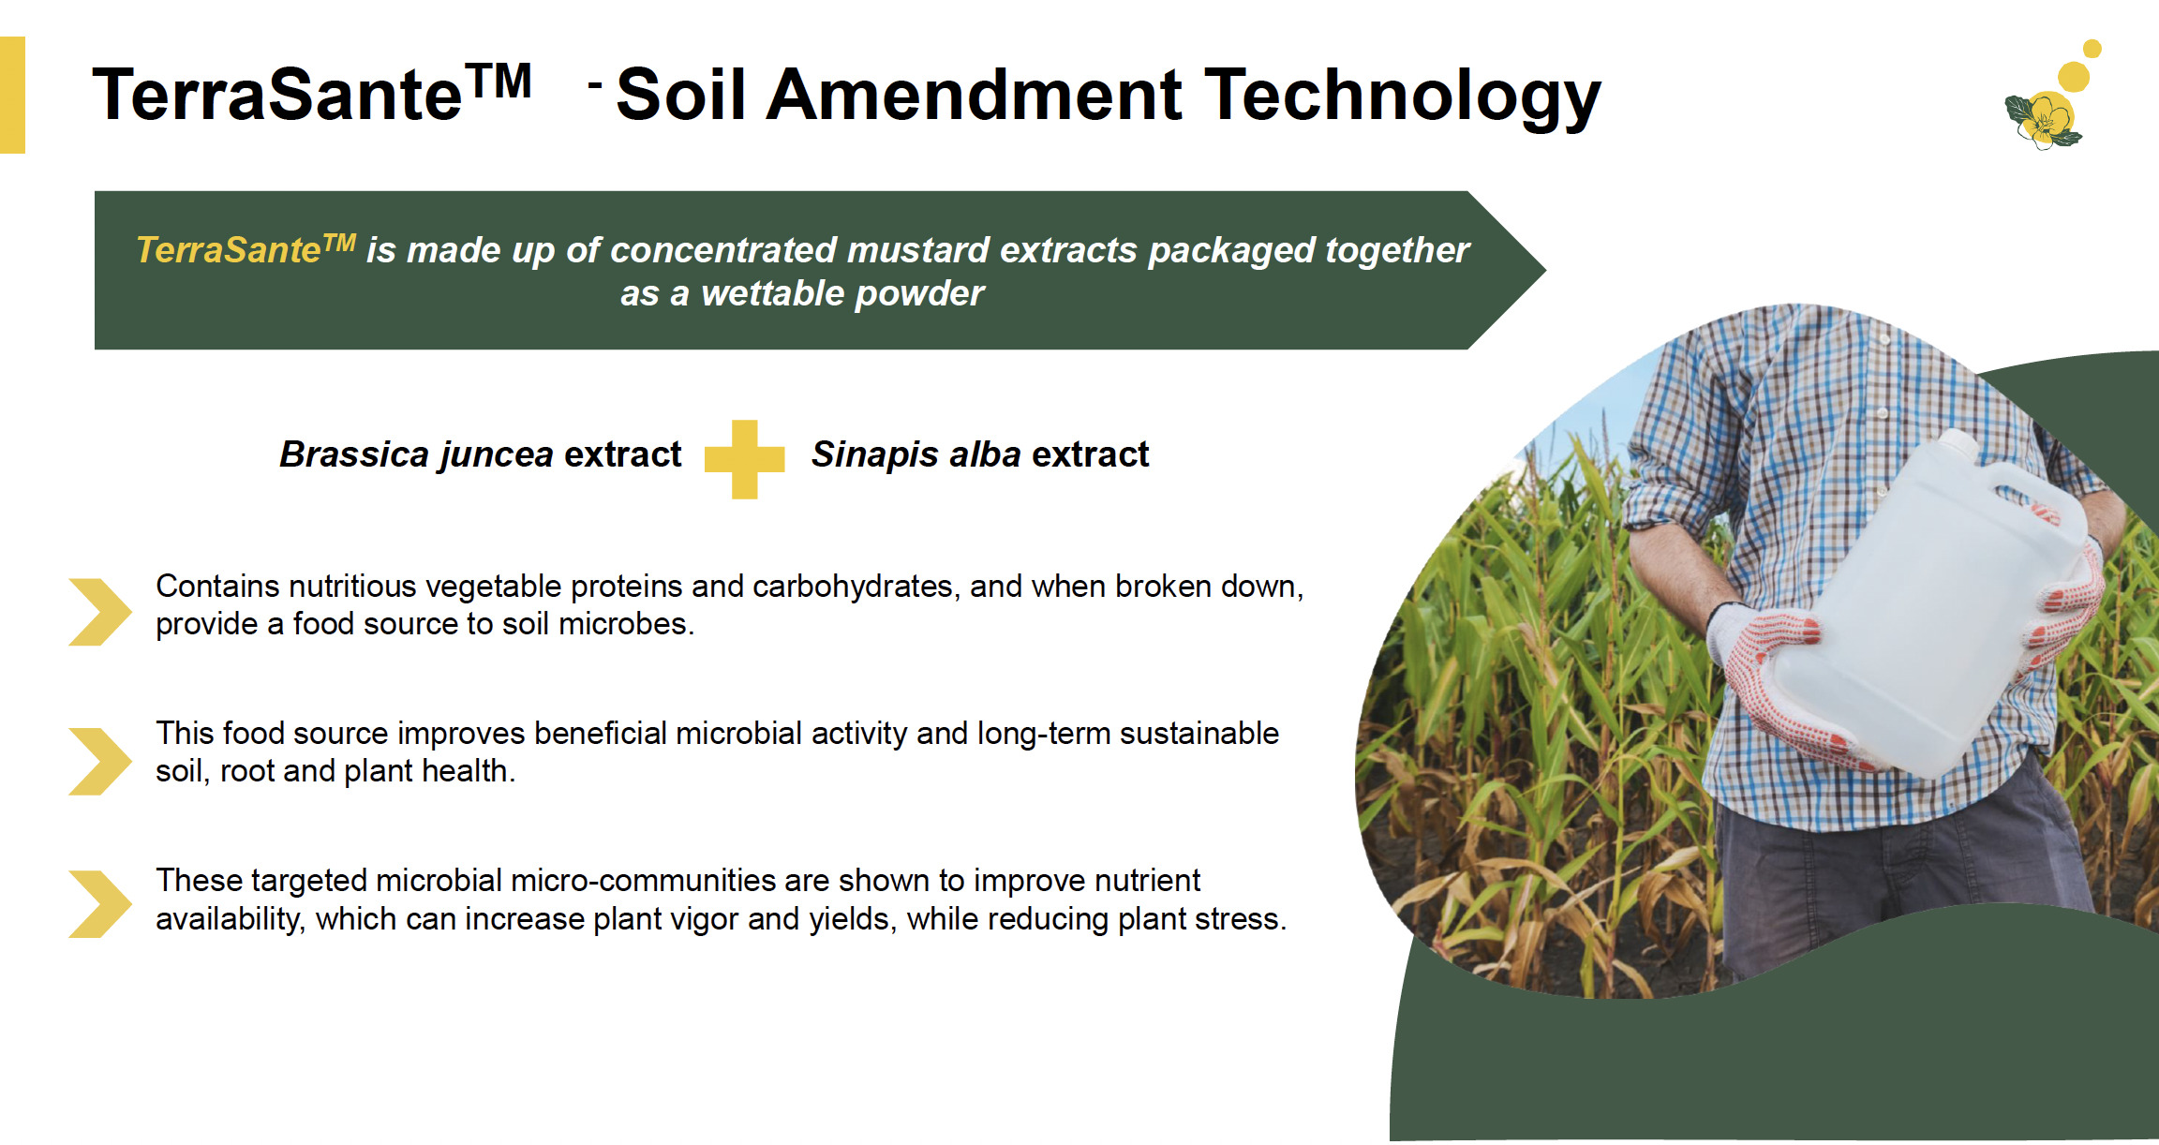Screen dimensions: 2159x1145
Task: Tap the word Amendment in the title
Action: (x=974, y=95)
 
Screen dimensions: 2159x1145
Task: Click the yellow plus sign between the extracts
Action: (x=744, y=459)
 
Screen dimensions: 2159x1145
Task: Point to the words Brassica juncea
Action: (x=416, y=455)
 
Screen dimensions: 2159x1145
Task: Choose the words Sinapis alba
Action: (x=916, y=454)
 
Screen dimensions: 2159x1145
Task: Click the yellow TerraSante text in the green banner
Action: (x=246, y=249)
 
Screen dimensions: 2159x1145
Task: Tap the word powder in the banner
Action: (x=919, y=294)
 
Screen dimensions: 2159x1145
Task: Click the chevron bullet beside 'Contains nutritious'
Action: (x=100, y=612)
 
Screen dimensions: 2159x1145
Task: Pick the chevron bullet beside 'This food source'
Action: (x=100, y=761)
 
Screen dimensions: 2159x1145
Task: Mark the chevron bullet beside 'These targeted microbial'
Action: (x=100, y=904)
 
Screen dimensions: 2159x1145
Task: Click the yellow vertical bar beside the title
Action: (x=12, y=95)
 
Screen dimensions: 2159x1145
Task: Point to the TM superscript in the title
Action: (x=499, y=81)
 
